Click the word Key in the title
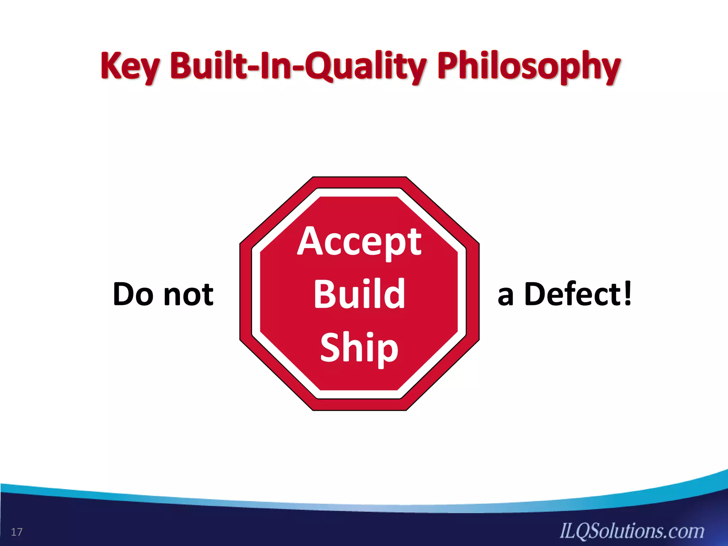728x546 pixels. click(130, 66)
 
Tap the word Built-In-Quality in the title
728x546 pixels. click(298, 66)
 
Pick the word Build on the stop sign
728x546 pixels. click(359, 294)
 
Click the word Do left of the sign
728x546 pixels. click(133, 294)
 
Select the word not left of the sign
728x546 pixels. click(188, 294)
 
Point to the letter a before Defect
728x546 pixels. click(505, 297)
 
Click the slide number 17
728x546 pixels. click(17, 532)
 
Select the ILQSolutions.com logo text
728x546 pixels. click(632, 531)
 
